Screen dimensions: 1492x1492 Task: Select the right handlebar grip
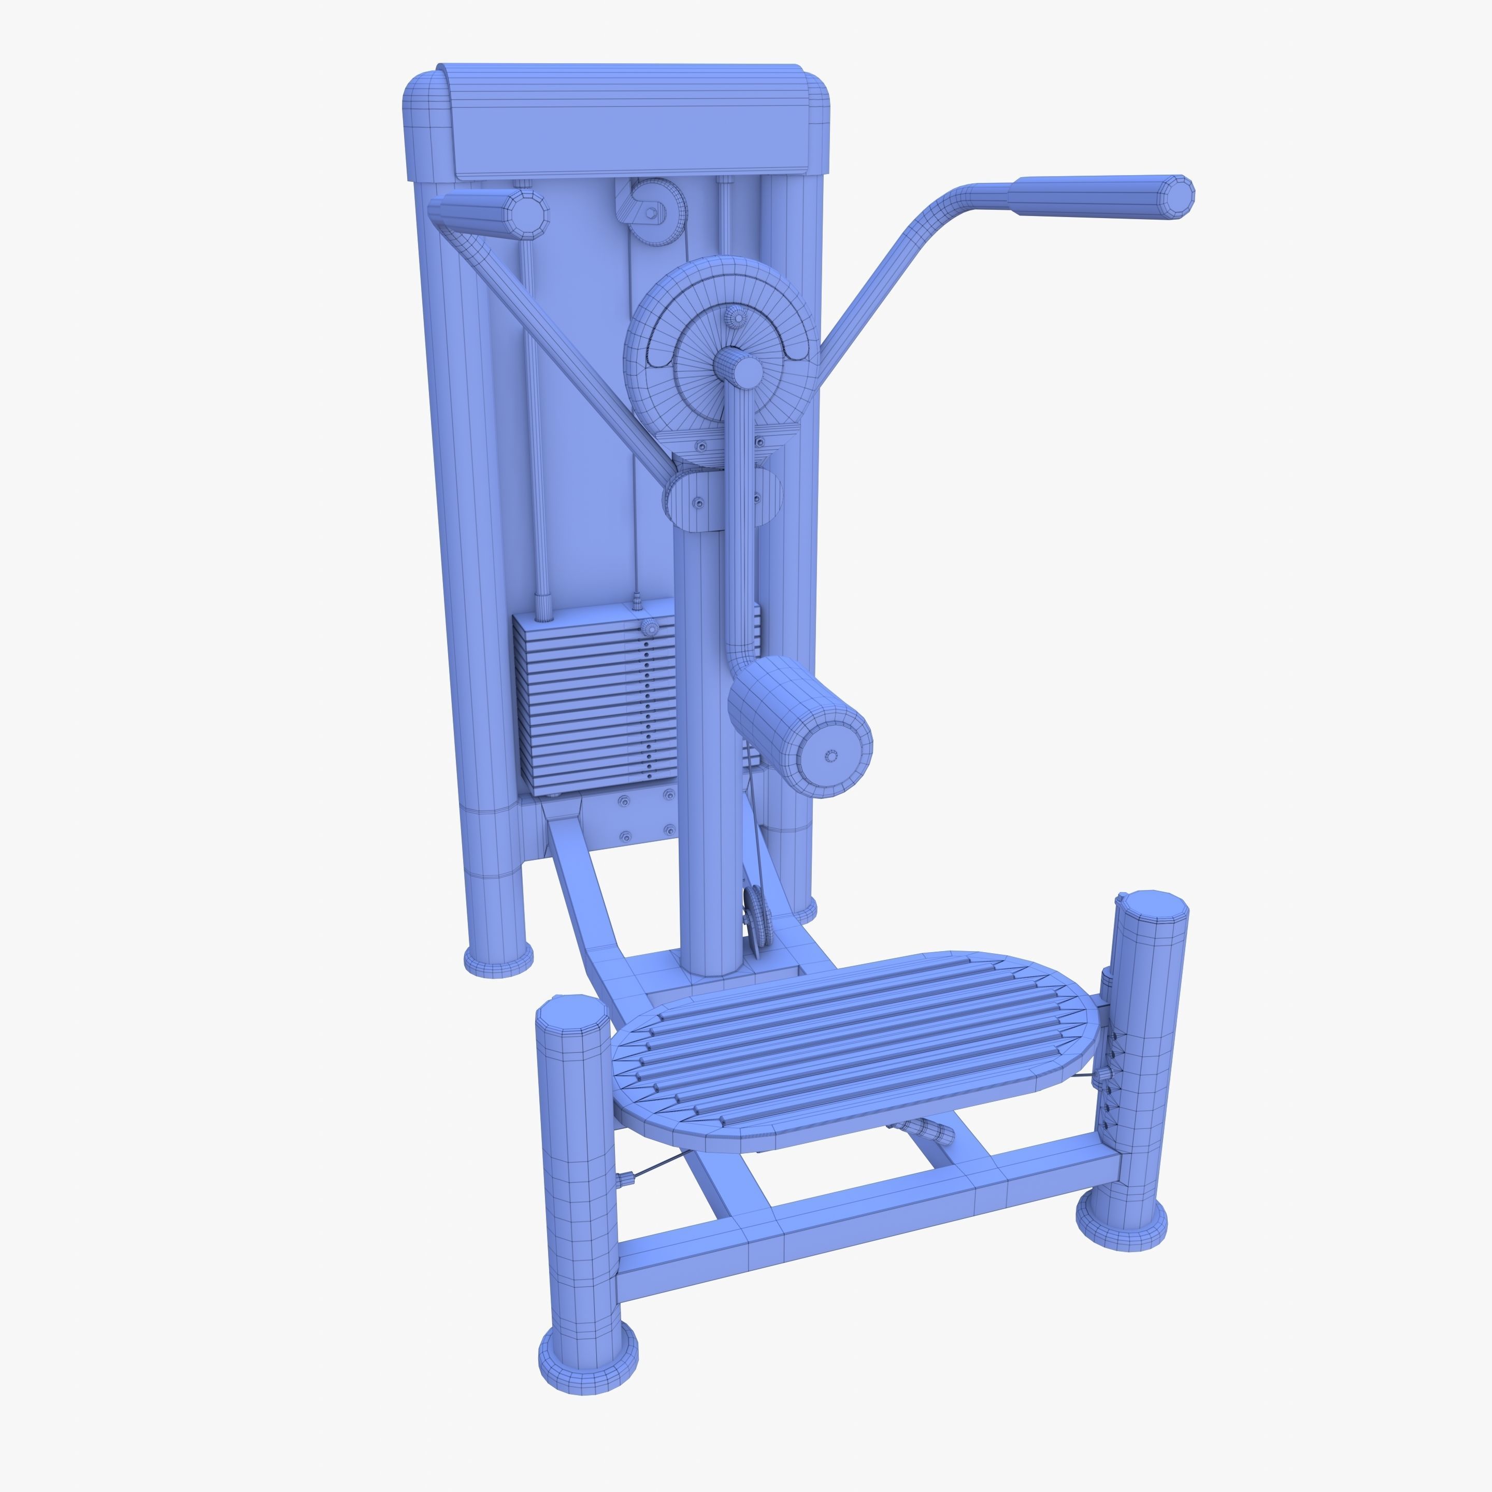pyautogui.click(x=1097, y=197)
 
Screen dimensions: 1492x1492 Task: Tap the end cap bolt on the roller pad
pyautogui.click(x=831, y=756)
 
